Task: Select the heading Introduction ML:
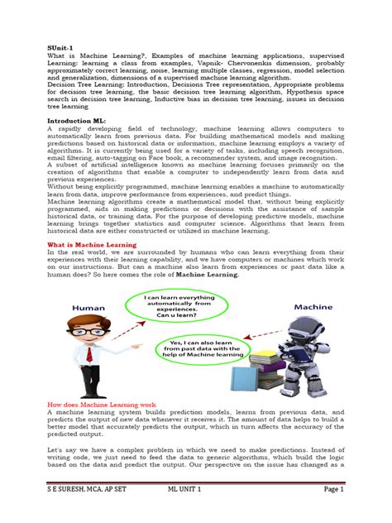tap(75, 120)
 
